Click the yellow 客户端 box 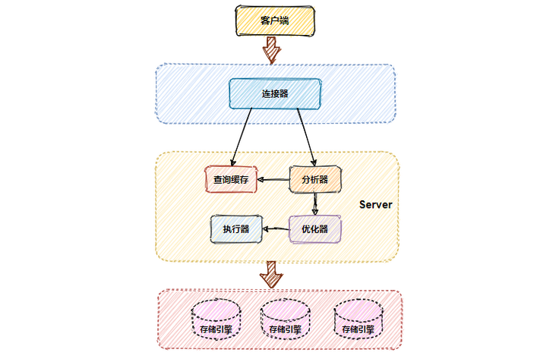pyautogui.click(x=273, y=20)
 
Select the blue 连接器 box pyautogui.click(x=275, y=93)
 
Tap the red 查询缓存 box pyautogui.click(x=231, y=180)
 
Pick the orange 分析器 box pyautogui.click(x=314, y=180)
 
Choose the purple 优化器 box pyautogui.click(x=314, y=228)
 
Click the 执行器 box pyautogui.click(x=235, y=228)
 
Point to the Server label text pyautogui.click(x=375, y=205)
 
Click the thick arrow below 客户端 pyautogui.click(x=272, y=50)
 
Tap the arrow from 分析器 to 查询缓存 pyautogui.click(x=273, y=181)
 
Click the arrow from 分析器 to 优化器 pyautogui.click(x=315, y=204)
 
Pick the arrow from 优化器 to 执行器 pyautogui.click(x=275, y=228)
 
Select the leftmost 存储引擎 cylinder pyautogui.click(x=216, y=320)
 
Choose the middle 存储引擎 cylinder pyautogui.click(x=286, y=320)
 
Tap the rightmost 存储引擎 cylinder pyautogui.click(x=358, y=320)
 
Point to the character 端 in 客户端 pyautogui.click(x=283, y=20)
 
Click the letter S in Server pyautogui.click(x=362, y=205)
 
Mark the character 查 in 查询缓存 pyautogui.click(x=218, y=180)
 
